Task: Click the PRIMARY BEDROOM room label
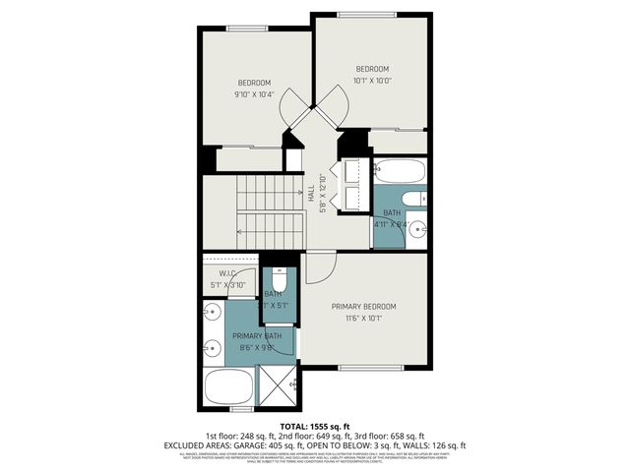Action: pos(364,306)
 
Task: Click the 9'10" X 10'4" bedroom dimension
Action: pos(253,95)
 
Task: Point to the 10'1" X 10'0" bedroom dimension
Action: pos(372,81)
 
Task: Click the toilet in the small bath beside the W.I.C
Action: pos(279,275)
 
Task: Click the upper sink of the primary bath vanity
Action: pos(211,314)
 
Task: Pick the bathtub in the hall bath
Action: pos(400,172)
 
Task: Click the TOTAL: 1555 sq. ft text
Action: pos(314,424)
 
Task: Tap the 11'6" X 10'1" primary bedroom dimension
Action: pos(364,318)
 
